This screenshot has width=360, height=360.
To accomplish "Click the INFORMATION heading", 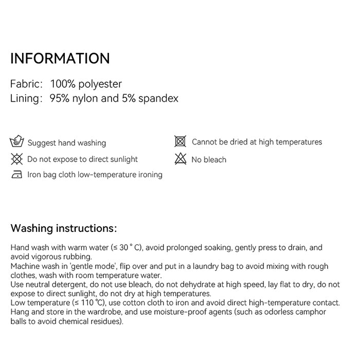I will pyautogui.click(x=60, y=58).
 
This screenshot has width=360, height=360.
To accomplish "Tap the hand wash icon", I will pyautogui.click(x=17, y=142).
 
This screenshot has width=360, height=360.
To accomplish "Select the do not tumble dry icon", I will pyautogui.click(x=180, y=141).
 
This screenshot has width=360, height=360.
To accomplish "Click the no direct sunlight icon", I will pyautogui.click(x=17, y=159).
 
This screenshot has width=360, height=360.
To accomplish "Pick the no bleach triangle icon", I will pyautogui.click(x=180, y=159).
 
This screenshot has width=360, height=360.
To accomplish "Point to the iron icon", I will pyautogui.click(x=17, y=175).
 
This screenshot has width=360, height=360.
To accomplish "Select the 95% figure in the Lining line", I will pyautogui.click(x=60, y=98).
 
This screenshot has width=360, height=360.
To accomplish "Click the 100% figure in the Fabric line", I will pyautogui.click(x=63, y=84).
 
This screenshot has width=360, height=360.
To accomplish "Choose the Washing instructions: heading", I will pyautogui.click(x=64, y=228).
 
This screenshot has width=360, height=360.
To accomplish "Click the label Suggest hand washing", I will pyautogui.click(x=66, y=143).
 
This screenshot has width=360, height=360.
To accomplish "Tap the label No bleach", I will pyautogui.click(x=209, y=160).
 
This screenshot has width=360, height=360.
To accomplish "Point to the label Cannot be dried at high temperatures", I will pyautogui.click(x=257, y=142).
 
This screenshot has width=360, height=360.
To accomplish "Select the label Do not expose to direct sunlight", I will pyautogui.click(x=82, y=159).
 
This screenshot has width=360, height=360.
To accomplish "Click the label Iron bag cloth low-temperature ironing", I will pyautogui.click(x=95, y=175).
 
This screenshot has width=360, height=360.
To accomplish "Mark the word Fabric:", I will pyautogui.click(x=27, y=84).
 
